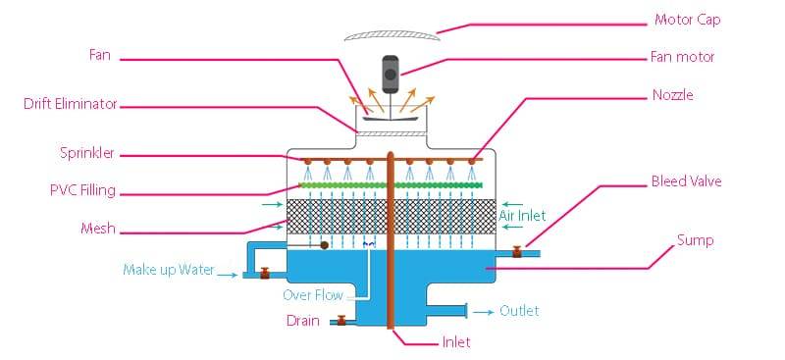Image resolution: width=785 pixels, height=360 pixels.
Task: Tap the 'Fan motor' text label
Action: pos(683,57)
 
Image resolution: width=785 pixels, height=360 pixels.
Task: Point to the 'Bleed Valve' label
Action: pos(686,182)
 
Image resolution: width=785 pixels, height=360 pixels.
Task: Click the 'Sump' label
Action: pos(694,239)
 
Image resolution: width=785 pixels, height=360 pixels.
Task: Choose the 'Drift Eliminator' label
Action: pos(71,103)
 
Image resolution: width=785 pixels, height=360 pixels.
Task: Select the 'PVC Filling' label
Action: pos(83,189)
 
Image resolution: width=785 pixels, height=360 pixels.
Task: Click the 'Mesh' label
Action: pos(98,229)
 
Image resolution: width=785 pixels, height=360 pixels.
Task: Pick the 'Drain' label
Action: pos(302,320)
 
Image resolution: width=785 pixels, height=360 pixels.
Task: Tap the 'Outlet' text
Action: pos(519,311)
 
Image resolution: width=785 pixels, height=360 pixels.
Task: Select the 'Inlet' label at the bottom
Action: pos(455,342)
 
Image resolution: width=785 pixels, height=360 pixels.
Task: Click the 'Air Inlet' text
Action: pos(521,215)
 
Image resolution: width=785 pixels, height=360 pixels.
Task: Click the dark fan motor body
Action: pos(390,71)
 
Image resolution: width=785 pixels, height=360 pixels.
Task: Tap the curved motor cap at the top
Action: pos(391,34)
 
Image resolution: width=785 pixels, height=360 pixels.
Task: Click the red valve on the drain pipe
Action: pos(340,320)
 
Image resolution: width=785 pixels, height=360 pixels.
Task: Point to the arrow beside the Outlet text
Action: pos(483,311)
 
